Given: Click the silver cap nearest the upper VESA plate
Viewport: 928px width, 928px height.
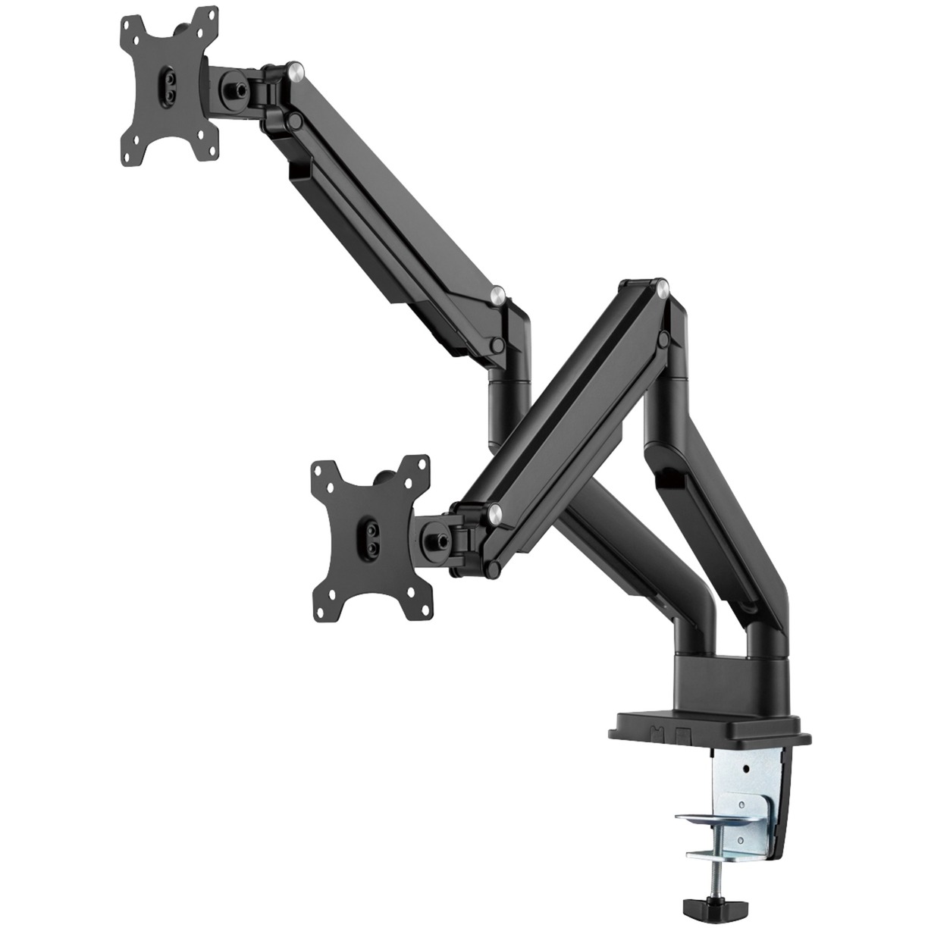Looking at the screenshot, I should tap(296, 74).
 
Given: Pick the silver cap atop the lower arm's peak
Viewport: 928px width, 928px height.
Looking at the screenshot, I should tap(663, 287).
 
